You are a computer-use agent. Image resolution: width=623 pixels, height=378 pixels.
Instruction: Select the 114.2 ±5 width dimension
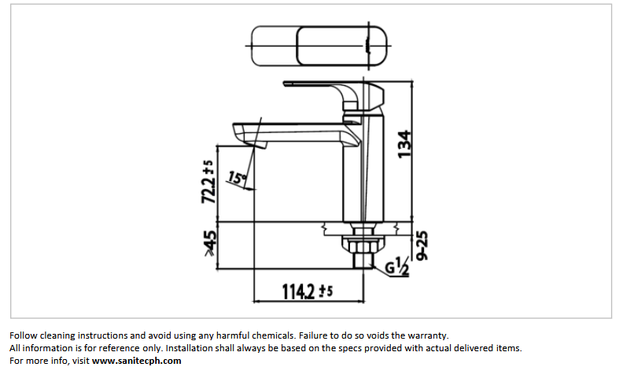308,291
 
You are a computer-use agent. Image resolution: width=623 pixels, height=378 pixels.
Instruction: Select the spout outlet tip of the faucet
253,142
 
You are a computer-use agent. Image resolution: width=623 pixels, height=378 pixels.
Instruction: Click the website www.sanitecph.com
136,361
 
